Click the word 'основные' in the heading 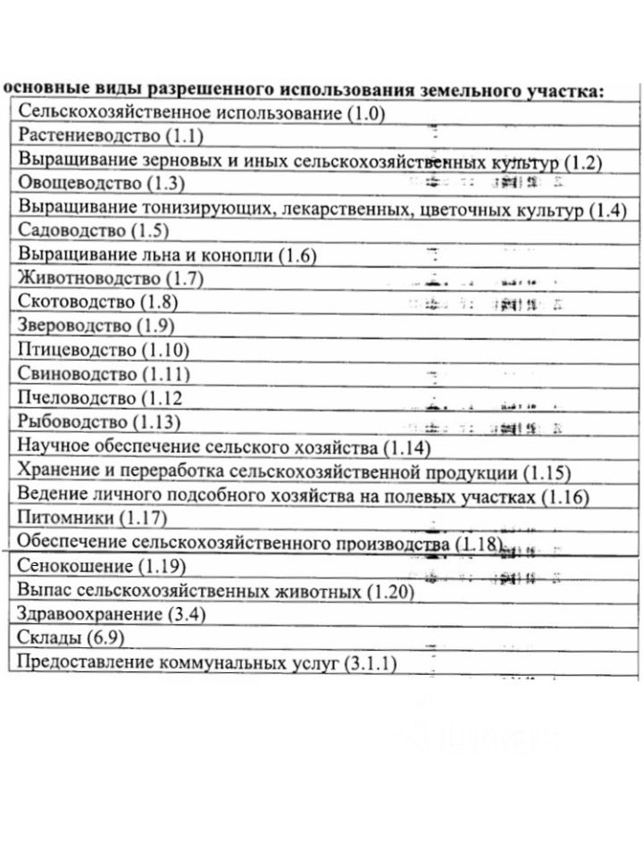40,90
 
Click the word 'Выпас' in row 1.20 43,591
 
